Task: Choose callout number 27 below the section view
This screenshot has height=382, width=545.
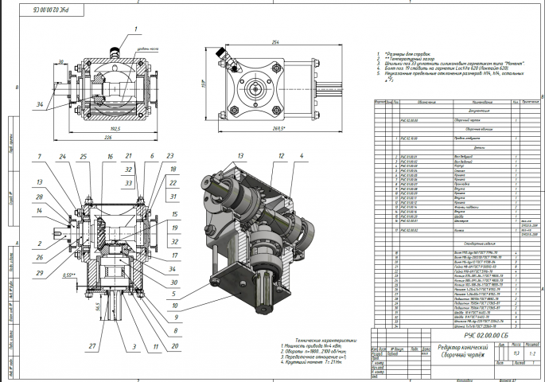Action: click(x=92, y=347)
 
